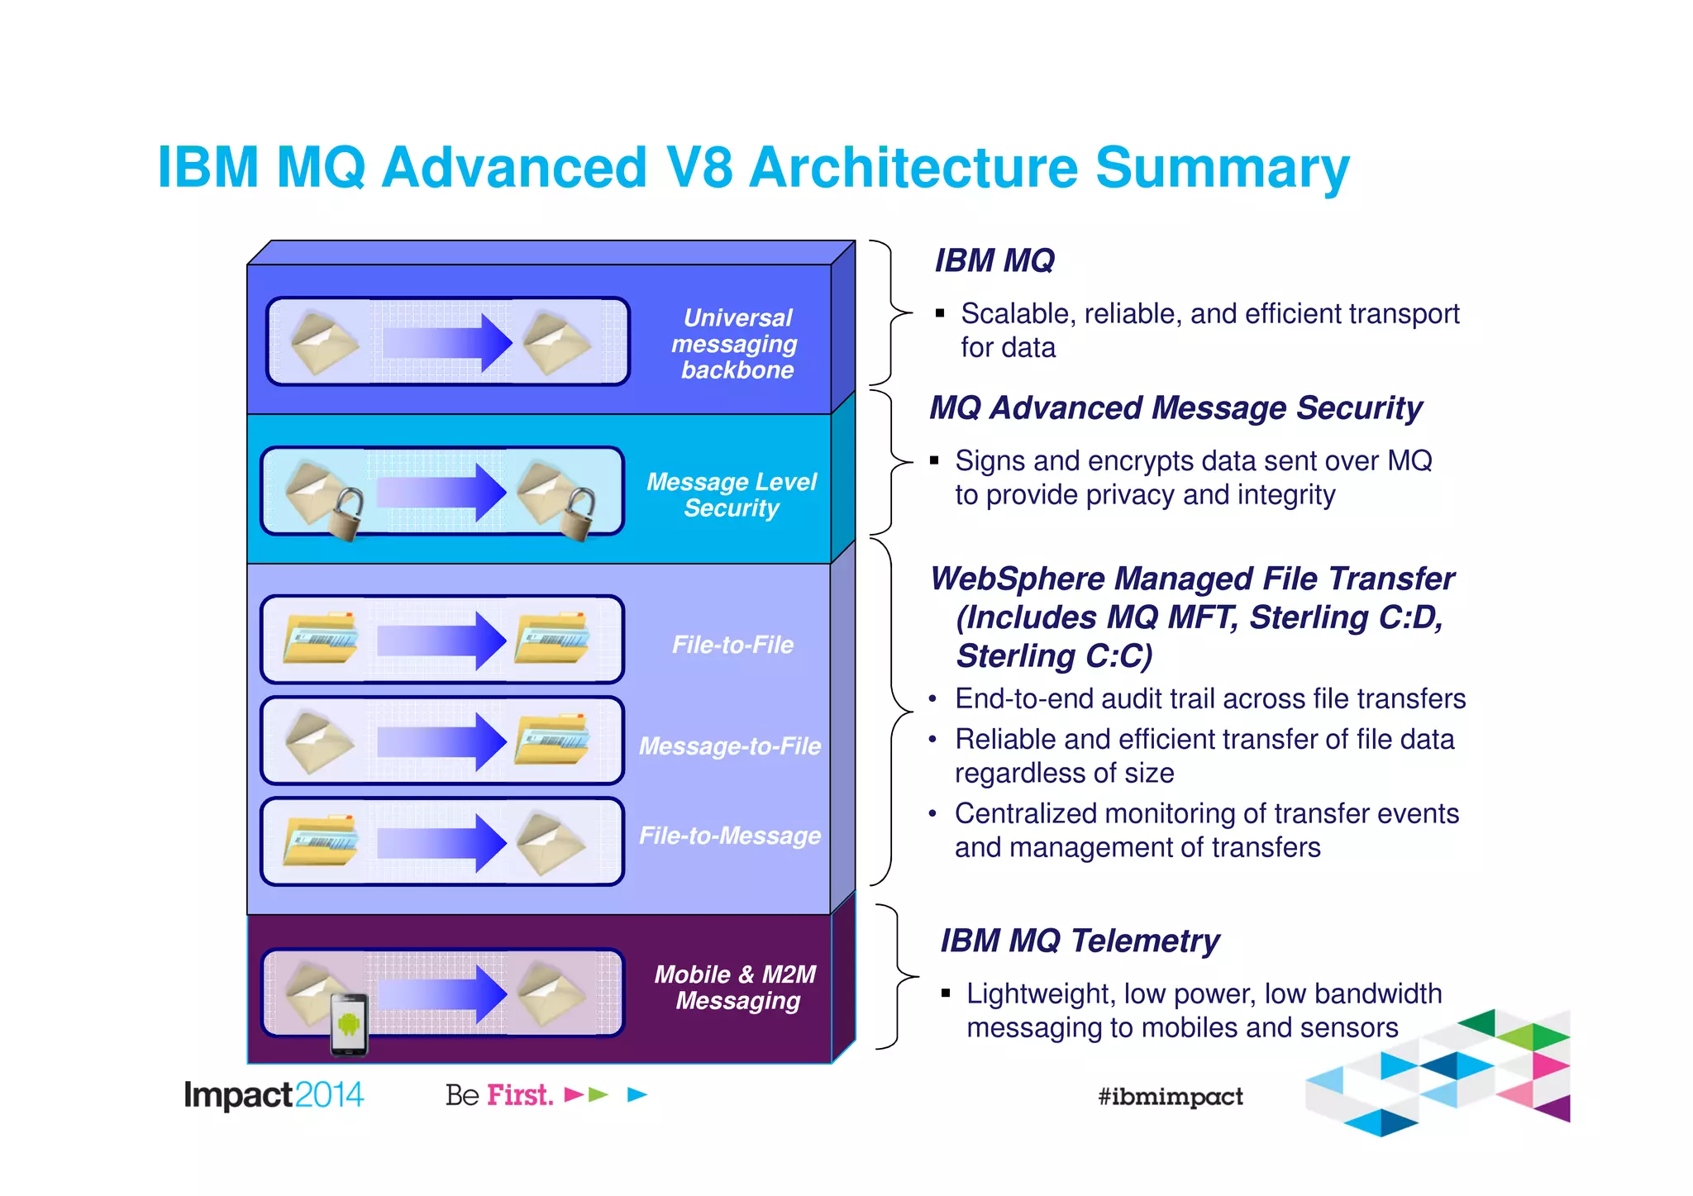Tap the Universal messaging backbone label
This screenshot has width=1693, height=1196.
click(736, 344)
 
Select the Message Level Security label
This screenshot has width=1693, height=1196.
click(732, 494)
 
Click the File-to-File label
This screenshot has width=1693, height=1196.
click(732, 645)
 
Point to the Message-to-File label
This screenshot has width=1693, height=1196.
click(729, 746)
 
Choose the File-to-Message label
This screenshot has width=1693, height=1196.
click(729, 836)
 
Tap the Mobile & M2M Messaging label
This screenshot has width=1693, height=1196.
click(736, 987)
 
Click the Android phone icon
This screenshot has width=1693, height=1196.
click(349, 1025)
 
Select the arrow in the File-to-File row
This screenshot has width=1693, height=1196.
click(442, 641)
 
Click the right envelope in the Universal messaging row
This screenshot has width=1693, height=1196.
click(556, 342)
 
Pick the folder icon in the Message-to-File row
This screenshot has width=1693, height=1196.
click(552, 739)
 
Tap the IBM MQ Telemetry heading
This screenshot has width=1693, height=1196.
click(1080, 941)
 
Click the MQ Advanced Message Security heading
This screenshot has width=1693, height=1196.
click(1176, 408)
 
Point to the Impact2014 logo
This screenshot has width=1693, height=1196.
click(274, 1095)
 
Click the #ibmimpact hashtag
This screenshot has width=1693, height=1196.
click(1170, 1097)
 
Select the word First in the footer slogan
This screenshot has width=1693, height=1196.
click(519, 1095)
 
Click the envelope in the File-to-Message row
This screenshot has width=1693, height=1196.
click(551, 843)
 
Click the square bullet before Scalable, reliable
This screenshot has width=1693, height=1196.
click(940, 313)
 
